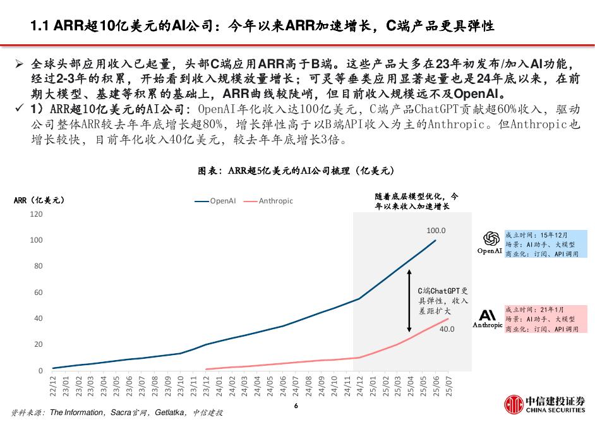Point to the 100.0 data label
click(436, 231)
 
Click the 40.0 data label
click(447, 329)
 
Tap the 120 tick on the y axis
click(36, 214)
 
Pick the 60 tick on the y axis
click(38, 292)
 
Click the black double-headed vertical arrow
click(410, 301)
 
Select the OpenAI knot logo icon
click(490, 238)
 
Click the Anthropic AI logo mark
click(488, 315)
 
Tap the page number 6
click(296, 406)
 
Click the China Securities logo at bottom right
click(544, 404)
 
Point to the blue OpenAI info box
click(545, 244)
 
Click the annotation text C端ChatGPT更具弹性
click(443, 301)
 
